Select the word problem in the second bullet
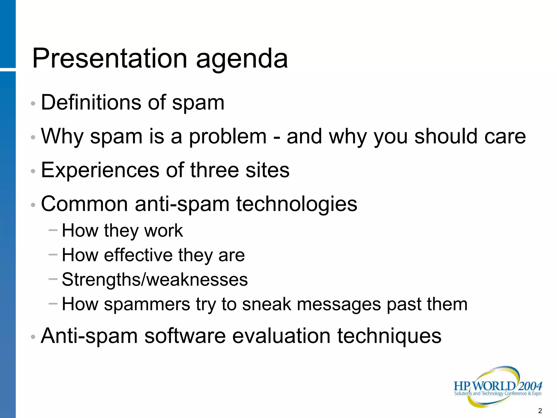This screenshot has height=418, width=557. pos(228,137)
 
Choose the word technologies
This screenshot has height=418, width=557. pos(296,204)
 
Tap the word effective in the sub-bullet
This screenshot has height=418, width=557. pos(138,255)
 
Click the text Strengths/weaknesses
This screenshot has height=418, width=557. pos(155,280)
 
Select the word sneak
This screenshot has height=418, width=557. pos(266,304)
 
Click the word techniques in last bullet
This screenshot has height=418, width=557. pos(389,336)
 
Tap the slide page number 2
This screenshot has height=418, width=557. pos(540,411)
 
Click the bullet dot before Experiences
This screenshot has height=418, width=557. pos(33,171)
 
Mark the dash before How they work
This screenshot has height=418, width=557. pos(53,230)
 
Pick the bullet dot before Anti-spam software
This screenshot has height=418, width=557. pos(33,337)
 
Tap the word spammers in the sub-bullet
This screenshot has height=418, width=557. pos(147,305)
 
